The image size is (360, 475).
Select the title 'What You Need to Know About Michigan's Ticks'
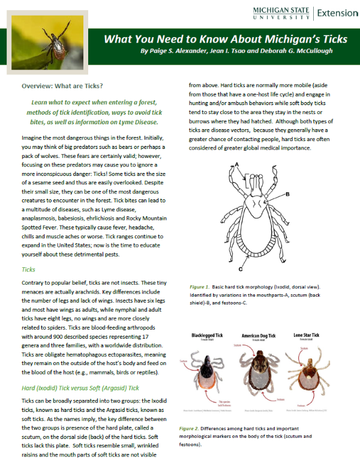(x=225, y=40)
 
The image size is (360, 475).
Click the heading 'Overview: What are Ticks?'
(x=62, y=86)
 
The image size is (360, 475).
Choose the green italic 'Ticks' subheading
(x=28, y=270)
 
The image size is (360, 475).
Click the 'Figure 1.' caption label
(x=199, y=287)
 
